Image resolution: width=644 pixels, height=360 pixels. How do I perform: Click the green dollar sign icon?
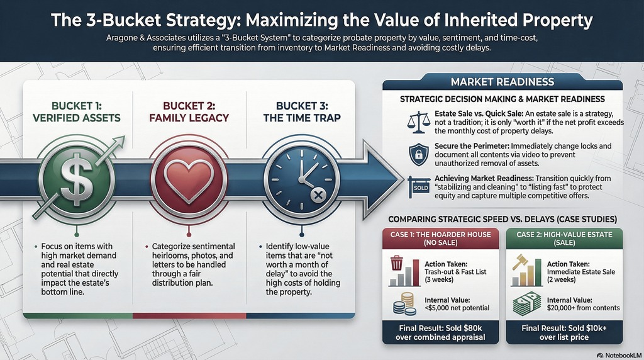pos(77,179)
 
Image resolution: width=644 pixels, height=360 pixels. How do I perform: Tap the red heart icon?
pos(189,179)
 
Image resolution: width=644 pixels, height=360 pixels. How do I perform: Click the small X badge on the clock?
pos(318,196)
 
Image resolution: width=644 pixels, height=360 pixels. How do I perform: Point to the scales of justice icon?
pos(418,122)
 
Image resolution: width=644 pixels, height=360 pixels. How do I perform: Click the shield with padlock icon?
pos(418,155)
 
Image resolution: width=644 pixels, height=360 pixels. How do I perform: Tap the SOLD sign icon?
pos(418,187)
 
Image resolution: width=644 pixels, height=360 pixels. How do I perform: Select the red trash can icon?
pos(396,264)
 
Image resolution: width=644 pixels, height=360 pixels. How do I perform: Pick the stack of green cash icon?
pos(527,304)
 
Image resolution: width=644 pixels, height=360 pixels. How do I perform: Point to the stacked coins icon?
pos(404,304)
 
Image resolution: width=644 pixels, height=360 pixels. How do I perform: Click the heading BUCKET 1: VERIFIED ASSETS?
pos(76,112)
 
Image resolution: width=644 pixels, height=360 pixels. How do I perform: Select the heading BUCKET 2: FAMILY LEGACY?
pos(189,112)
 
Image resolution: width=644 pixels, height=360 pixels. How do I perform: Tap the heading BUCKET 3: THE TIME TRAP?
pos(302,112)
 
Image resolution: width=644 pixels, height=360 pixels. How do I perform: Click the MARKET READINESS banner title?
pos(502,82)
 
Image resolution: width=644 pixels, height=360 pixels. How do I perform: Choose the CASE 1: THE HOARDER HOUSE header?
pos(440,239)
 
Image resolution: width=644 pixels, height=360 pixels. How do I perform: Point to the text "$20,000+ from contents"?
pos(583,308)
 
